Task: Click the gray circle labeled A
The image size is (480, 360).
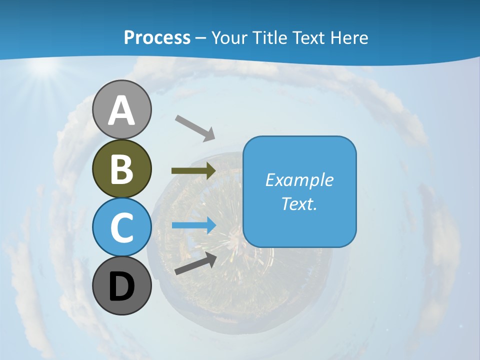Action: click(121, 109)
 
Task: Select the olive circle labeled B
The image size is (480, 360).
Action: click(121, 168)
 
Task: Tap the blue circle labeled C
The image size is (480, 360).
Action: click(121, 227)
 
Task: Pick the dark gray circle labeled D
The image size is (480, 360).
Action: click(121, 286)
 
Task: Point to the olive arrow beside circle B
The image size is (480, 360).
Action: click(193, 171)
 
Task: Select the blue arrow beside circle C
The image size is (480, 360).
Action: click(193, 225)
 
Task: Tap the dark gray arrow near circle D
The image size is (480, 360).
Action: click(195, 263)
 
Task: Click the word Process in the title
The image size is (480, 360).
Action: click(157, 37)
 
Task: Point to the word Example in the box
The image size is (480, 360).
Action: click(299, 180)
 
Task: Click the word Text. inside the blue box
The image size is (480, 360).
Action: click(299, 204)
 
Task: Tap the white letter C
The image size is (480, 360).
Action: click(121, 228)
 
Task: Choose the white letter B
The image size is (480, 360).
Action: click(121, 169)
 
